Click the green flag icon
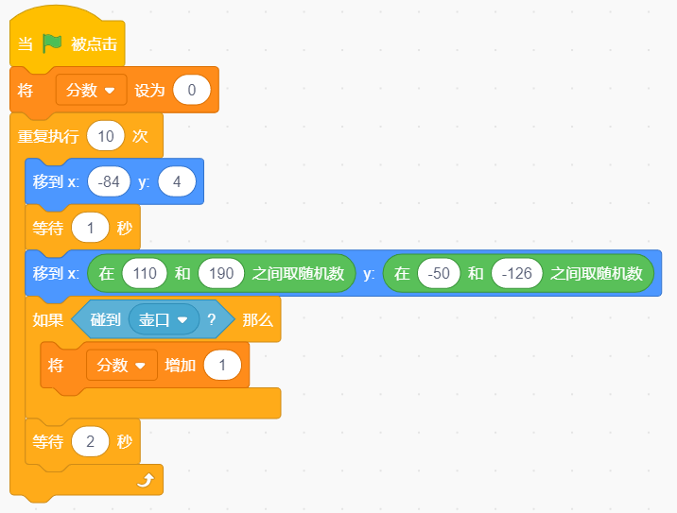[52, 43]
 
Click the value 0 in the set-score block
[192, 90]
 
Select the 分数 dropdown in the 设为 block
[91, 90]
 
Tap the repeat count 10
[106, 136]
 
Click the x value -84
[109, 181]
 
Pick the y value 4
[177, 181]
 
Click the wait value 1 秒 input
[90, 228]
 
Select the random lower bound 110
[145, 273]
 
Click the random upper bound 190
[221, 273]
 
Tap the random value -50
[439, 273]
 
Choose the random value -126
[517, 273]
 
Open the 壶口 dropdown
[165, 319]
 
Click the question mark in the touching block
[211, 319]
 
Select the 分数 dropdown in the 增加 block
[122, 366]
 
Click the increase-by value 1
[222, 366]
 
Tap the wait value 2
[90, 441]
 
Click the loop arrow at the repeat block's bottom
[146, 480]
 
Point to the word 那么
[258, 319]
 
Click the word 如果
[48, 319]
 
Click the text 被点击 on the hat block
[95, 44]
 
